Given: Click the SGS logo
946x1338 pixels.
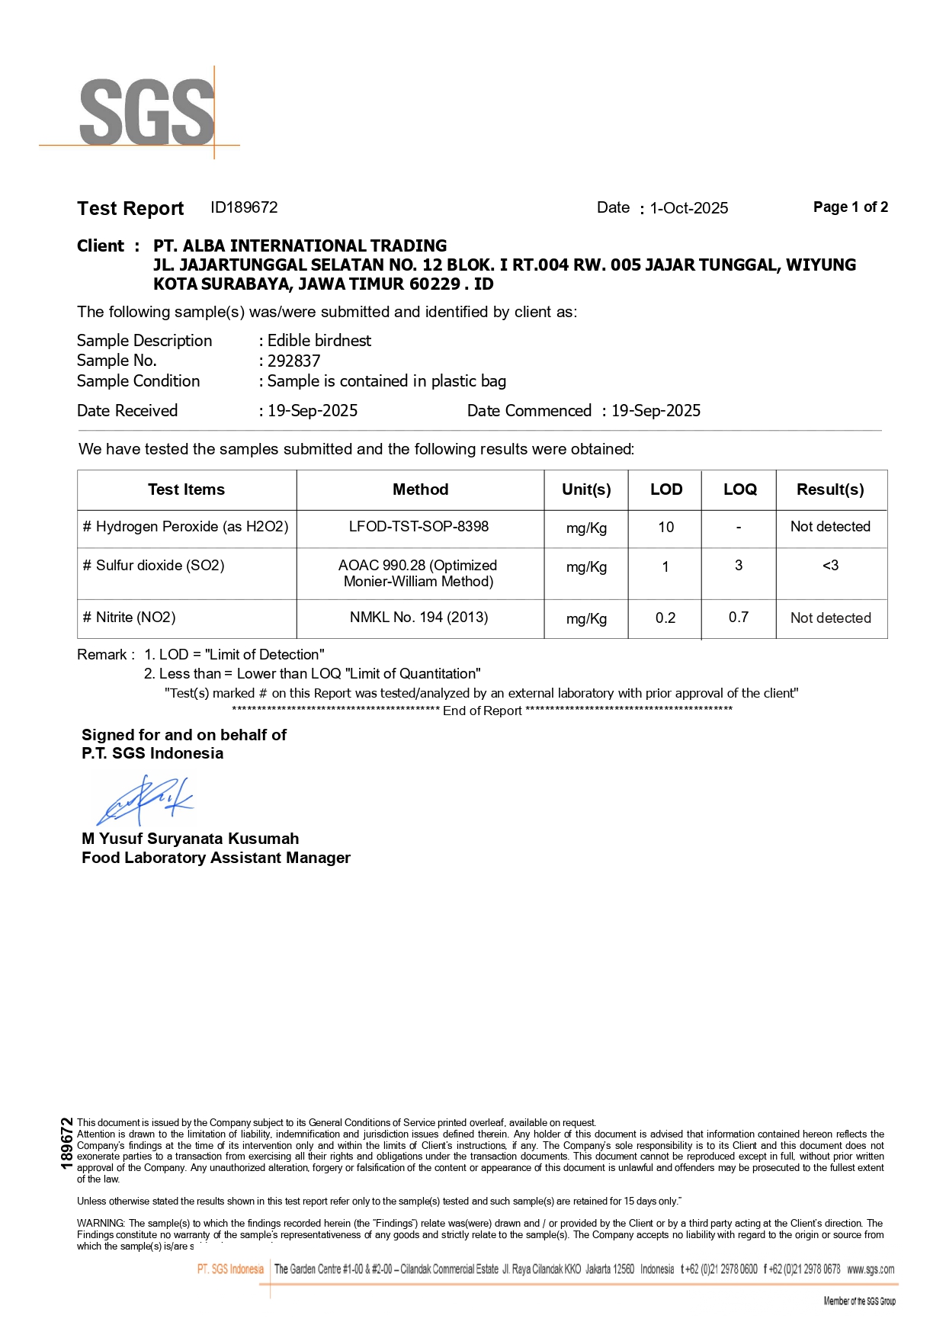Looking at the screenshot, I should (x=146, y=112).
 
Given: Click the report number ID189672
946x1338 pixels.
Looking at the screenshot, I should (x=244, y=207).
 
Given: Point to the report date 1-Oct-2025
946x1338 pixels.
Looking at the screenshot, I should (x=689, y=208).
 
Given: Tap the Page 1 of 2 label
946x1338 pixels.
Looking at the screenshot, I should (x=850, y=207).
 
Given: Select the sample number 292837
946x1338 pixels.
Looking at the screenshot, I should (x=293, y=361).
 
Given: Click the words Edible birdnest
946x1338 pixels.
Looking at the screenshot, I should (x=319, y=341).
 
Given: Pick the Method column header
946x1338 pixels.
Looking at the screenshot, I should (x=420, y=489).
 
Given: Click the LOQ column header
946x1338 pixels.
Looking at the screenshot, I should (x=739, y=489).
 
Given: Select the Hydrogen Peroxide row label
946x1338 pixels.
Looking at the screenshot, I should (x=185, y=527).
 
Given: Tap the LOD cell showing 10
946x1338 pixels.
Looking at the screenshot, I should (x=665, y=527).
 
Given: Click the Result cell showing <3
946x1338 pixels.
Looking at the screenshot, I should (x=830, y=566).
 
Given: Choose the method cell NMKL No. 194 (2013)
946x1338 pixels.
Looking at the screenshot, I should (x=418, y=618).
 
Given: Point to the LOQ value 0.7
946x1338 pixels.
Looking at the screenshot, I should (x=738, y=618).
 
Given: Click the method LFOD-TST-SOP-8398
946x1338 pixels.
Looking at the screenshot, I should (x=418, y=527).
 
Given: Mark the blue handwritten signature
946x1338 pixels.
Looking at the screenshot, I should (x=145, y=801).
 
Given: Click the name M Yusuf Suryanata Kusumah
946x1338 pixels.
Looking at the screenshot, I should (x=190, y=839).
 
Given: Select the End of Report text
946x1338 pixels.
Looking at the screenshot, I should (x=482, y=711).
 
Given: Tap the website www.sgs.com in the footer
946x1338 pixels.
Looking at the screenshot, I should (x=871, y=1269).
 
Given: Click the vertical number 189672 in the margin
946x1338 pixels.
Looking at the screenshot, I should (x=67, y=1143).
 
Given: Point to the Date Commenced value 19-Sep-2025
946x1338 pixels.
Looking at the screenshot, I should (x=656, y=411).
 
